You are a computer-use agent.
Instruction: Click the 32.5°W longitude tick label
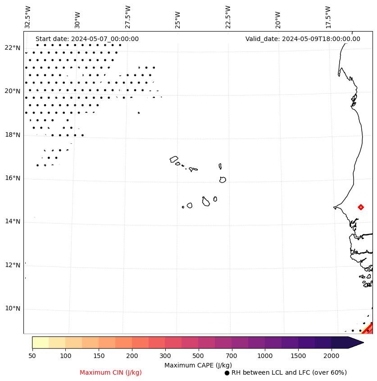point(28,17)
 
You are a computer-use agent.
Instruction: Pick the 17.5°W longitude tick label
point(328,17)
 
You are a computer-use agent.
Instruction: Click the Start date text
point(87,39)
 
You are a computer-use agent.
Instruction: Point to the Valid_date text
point(303,39)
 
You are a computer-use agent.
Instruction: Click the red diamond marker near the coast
point(361,207)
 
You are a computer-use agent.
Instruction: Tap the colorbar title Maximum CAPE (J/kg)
point(198,365)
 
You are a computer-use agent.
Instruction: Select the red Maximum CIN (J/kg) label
point(111,372)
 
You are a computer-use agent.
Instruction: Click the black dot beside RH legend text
point(227,373)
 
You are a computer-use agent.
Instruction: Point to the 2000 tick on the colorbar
point(332,356)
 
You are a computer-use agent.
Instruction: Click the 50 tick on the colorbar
point(32,356)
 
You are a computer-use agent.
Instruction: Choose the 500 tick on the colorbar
point(198,356)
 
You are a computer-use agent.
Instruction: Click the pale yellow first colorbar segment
point(40,342)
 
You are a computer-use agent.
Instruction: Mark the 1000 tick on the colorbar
point(265,356)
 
